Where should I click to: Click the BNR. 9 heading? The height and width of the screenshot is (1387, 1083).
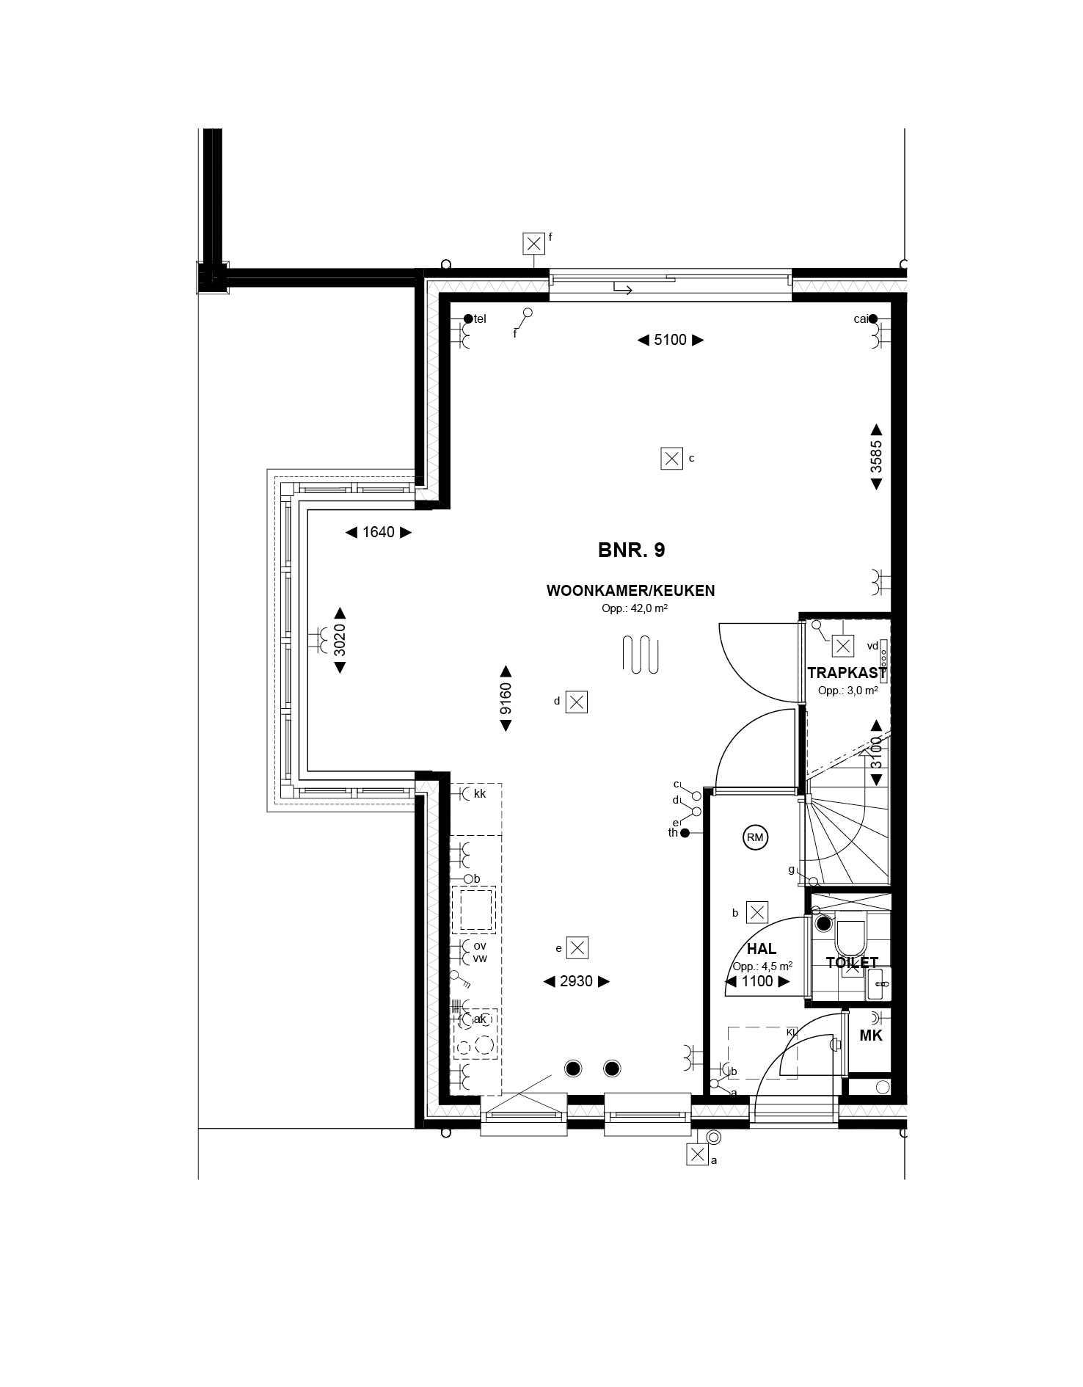pos(632,550)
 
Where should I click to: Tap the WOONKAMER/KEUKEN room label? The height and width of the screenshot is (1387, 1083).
pos(631,591)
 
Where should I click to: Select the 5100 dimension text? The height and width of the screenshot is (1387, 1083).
pos(670,340)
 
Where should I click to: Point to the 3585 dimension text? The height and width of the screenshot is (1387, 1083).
pos(876,457)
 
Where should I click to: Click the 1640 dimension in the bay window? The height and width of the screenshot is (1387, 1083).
pos(379,532)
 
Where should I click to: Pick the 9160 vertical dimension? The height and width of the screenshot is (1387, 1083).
pos(506,699)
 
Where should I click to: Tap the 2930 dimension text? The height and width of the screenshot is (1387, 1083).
pos(576,981)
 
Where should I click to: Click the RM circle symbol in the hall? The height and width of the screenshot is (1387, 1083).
pos(754,837)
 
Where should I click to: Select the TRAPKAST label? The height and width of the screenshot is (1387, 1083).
pos(847,673)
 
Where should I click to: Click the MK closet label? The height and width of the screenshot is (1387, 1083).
pos(871,1035)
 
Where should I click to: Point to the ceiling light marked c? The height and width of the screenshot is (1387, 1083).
pos(671,459)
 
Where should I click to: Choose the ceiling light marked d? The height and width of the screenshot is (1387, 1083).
pos(577,702)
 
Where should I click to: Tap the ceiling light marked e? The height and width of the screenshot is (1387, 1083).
pos(578,947)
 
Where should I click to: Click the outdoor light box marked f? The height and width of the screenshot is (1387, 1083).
pos(534,243)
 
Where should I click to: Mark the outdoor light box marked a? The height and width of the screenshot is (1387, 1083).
pos(696,1154)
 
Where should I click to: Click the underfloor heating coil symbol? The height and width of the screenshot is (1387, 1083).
pos(641,654)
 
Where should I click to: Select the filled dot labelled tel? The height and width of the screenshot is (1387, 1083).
pos(468,318)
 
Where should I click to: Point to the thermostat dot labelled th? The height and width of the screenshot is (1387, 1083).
pos(685,833)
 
